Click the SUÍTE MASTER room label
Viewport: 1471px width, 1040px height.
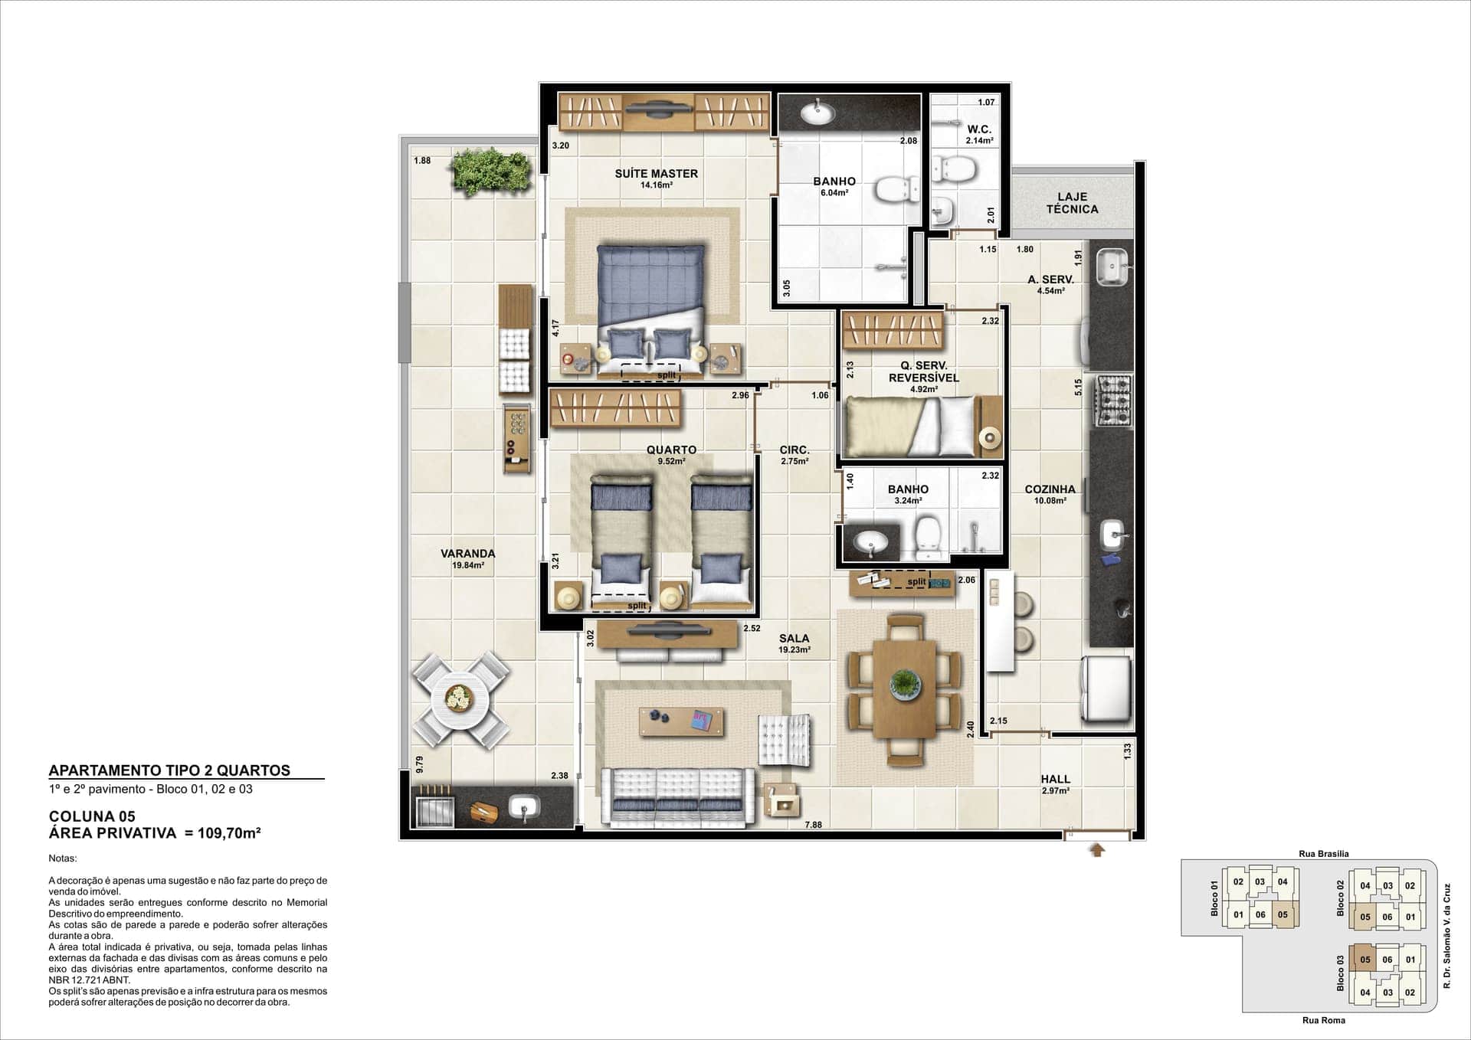click(x=656, y=174)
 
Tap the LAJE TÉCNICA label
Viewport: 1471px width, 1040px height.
click(x=1072, y=203)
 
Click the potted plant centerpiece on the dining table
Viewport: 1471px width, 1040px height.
click(x=906, y=682)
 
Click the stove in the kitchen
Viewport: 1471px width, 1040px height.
click(x=1111, y=401)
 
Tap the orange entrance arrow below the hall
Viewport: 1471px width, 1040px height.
click(x=1097, y=849)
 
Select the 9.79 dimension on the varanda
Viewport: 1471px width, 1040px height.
click(x=419, y=764)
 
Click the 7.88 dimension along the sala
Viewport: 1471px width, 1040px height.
click(x=813, y=825)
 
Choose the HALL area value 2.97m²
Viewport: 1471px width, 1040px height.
click(x=1055, y=791)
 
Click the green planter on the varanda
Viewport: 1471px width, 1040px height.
click(x=491, y=170)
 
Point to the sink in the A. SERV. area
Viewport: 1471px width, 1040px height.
click(x=1110, y=267)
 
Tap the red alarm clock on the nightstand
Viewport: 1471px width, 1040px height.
click(x=568, y=358)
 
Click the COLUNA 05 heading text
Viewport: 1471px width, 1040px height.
click(x=92, y=816)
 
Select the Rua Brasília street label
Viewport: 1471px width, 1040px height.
click(x=1324, y=853)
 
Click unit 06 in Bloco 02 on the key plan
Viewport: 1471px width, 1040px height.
click(x=1387, y=917)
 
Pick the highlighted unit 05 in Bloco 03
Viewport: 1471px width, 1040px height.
click(x=1365, y=960)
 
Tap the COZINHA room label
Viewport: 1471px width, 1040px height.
click(x=1050, y=489)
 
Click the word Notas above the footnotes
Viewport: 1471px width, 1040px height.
click(x=63, y=858)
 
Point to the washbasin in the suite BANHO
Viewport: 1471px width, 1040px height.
click(x=817, y=113)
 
